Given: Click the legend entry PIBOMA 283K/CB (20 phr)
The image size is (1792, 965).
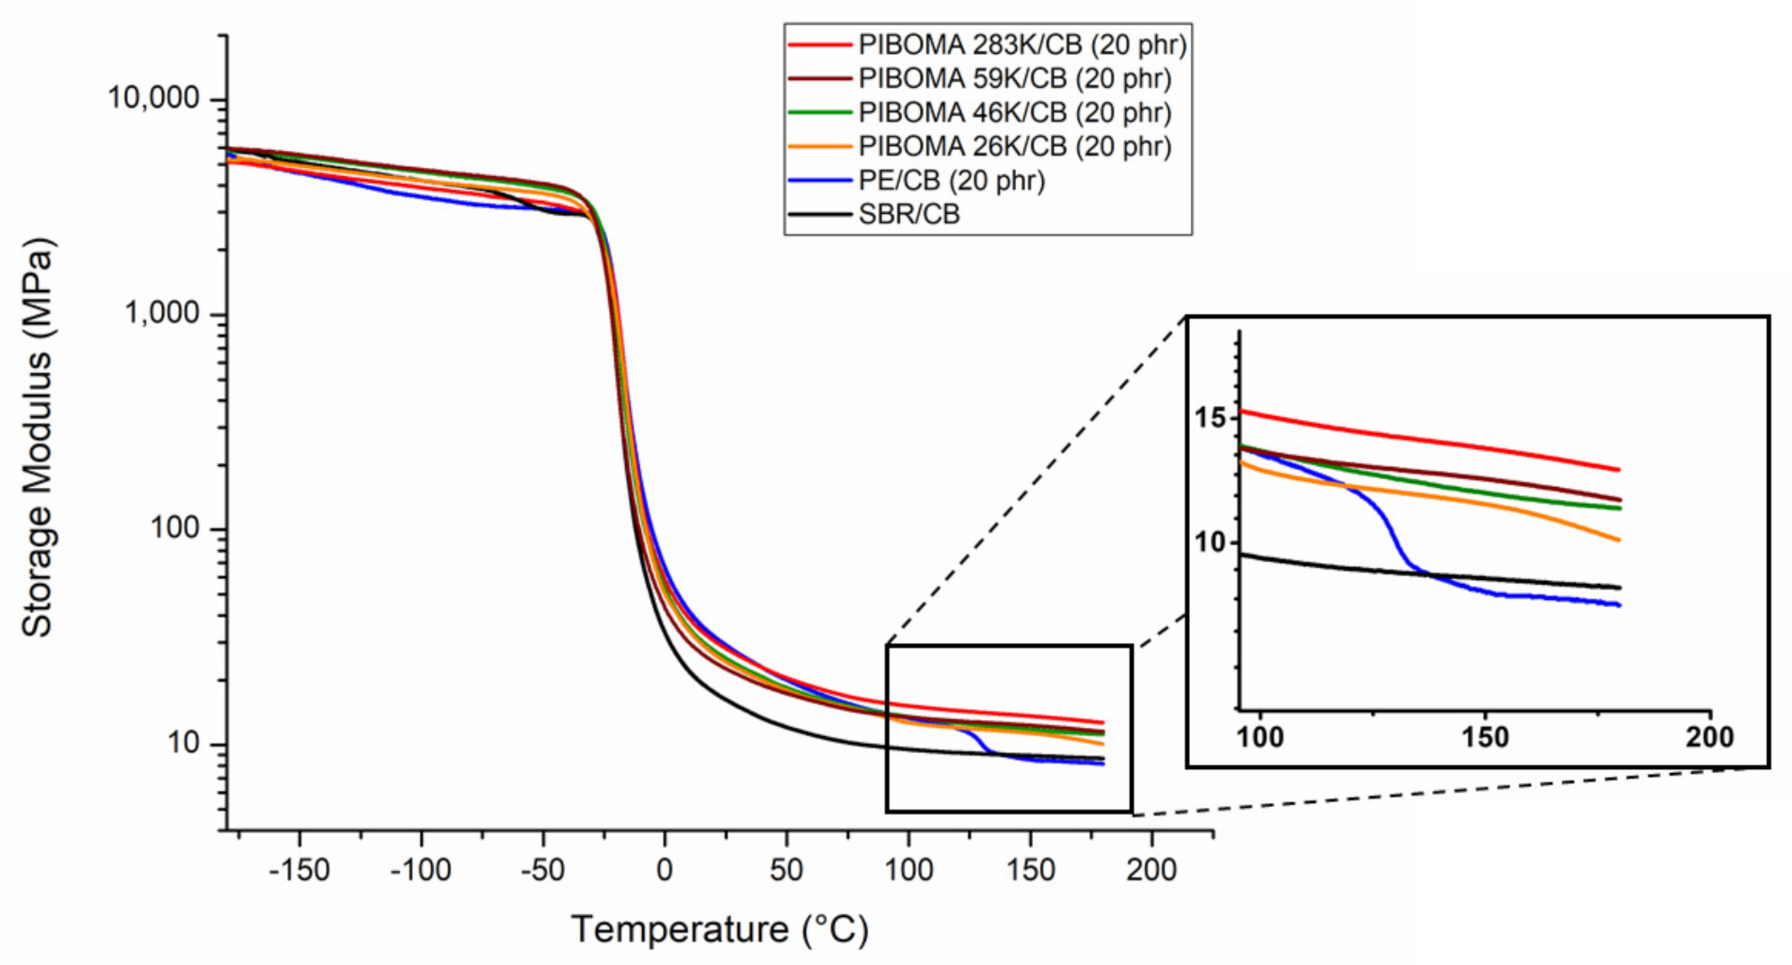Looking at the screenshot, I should (1022, 45).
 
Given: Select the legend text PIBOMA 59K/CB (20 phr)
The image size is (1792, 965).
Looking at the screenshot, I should (1015, 79).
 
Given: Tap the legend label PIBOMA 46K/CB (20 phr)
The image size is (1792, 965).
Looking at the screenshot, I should (1015, 113).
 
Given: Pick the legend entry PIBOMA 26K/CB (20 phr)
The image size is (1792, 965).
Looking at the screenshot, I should (1015, 147).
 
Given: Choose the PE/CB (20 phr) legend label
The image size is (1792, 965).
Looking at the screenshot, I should (951, 181).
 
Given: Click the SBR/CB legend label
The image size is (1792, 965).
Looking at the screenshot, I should (909, 214).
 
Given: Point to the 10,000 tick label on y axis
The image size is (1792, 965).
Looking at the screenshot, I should (154, 98).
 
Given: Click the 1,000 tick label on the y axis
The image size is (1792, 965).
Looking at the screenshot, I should (162, 313).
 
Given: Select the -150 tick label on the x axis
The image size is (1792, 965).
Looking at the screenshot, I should (299, 869).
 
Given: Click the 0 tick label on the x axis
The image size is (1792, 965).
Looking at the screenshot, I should (664, 869).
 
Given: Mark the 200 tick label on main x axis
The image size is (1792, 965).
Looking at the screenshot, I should (1151, 869).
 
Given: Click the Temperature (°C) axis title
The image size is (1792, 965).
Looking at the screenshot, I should (719, 930).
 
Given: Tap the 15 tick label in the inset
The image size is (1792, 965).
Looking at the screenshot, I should (1209, 418).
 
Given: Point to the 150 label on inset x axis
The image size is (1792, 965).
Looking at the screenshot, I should (1485, 738).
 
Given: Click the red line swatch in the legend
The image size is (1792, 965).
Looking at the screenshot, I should (819, 45).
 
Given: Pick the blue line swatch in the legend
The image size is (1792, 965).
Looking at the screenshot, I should (819, 181).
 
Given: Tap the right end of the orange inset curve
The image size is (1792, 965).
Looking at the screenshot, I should (1618, 539).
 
